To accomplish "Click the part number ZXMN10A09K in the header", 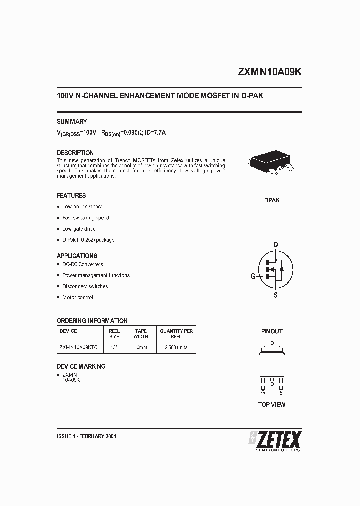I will pyautogui.click(x=269, y=72).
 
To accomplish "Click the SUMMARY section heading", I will pyautogui.click(x=72, y=121).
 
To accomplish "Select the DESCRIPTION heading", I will pyautogui.click(x=75, y=153).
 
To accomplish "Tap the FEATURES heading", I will pyautogui.click(x=71, y=196).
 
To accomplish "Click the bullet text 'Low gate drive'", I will pyautogui.click(x=79, y=229).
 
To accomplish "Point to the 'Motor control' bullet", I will pyautogui.click(x=78, y=297).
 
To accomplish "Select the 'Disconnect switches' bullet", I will pyautogui.click(x=85, y=286).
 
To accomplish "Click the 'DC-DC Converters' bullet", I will pyautogui.click(x=82, y=264).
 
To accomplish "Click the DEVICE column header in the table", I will pyautogui.click(x=68, y=331).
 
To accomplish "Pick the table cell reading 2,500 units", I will pyautogui.click(x=176, y=347).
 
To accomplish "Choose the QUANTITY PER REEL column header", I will pyautogui.click(x=176, y=334).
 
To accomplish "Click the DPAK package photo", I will pyautogui.click(x=271, y=164).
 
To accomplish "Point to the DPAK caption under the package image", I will pyautogui.click(x=272, y=200).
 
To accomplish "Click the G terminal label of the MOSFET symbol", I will pyautogui.click(x=253, y=276).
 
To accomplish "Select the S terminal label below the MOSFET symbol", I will pyautogui.click(x=275, y=295).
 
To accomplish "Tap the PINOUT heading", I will pyautogui.click(x=272, y=331).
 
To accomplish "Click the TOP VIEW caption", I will pyautogui.click(x=272, y=404).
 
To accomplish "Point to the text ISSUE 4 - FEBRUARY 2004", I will pyautogui.click(x=87, y=436).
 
